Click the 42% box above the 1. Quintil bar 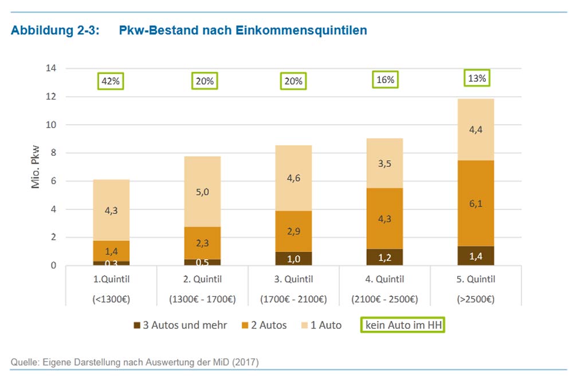pyautogui.click(x=111, y=81)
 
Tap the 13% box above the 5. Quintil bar pyautogui.click(x=477, y=79)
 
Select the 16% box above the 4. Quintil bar pyautogui.click(x=385, y=80)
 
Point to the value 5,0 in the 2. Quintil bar pyautogui.click(x=202, y=192)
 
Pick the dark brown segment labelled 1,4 pyautogui.click(x=476, y=256)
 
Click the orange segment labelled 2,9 pyautogui.click(x=293, y=231)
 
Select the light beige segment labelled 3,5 pyautogui.click(x=385, y=163)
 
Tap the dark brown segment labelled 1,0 pyautogui.click(x=293, y=258)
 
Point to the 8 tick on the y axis pyautogui.click(x=53, y=153)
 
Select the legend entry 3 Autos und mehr pyautogui.click(x=180, y=326)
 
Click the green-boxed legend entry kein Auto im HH pyautogui.click(x=403, y=326)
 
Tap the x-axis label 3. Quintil pyautogui.click(x=293, y=279)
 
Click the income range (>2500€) pyautogui.click(x=476, y=299)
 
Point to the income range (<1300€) pyautogui.click(x=111, y=299)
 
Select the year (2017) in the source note pyautogui.click(x=246, y=362)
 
